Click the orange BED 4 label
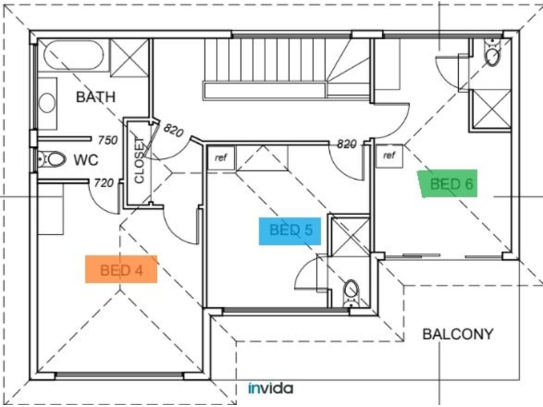(x=121, y=269)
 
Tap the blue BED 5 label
(x=291, y=231)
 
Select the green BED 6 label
(x=448, y=184)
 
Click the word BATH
(x=96, y=97)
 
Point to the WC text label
(x=86, y=160)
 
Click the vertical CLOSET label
(x=139, y=160)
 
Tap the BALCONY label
(x=457, y=334)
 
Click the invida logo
(x=271, y=388)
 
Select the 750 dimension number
(x=108, y=140)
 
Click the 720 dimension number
(x=104, y=182)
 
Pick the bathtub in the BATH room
(x=73, y=55)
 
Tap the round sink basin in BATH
(x=47, y=103)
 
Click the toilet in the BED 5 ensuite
(x=351, y=293)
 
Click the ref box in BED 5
(x=221, y=158)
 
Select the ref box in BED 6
(x=389, y=155)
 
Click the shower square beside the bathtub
(x=129, y=58)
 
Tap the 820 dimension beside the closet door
(x=173, y=130)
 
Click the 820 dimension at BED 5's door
(x=347, y=144)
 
